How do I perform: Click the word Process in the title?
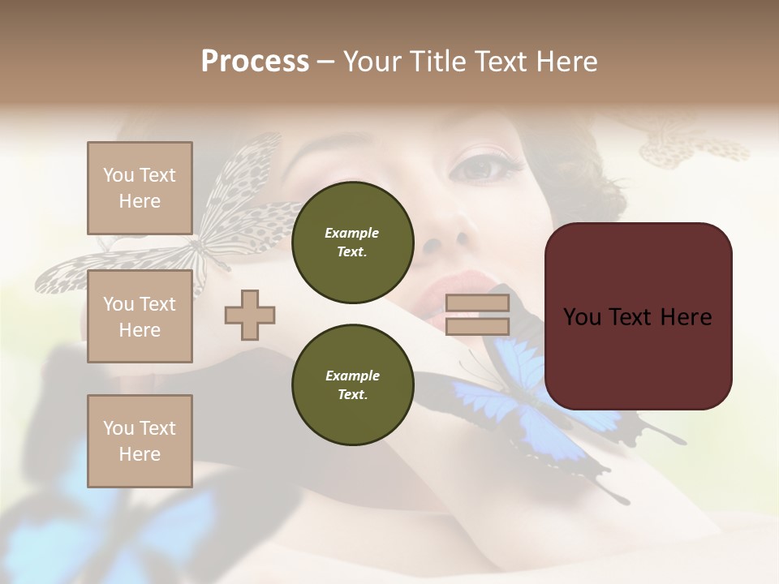pos(255,62)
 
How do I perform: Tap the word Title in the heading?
pos(434,62)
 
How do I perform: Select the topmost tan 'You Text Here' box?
pos(140,188)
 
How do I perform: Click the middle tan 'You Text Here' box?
pos(140,316)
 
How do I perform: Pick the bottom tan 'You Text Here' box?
pos(140,440)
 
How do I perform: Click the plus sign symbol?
pos(250,315)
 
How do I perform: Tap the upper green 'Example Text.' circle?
pos(352,243)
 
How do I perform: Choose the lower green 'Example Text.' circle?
pos(352,385)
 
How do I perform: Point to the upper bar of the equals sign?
pos(478,303)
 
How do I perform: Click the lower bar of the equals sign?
pos(478,327)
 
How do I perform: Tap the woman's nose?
pos(446,235)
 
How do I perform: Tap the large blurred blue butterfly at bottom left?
pos(105,503)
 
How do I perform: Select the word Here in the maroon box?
pos(686,316)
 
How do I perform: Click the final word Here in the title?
pos(565,62)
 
